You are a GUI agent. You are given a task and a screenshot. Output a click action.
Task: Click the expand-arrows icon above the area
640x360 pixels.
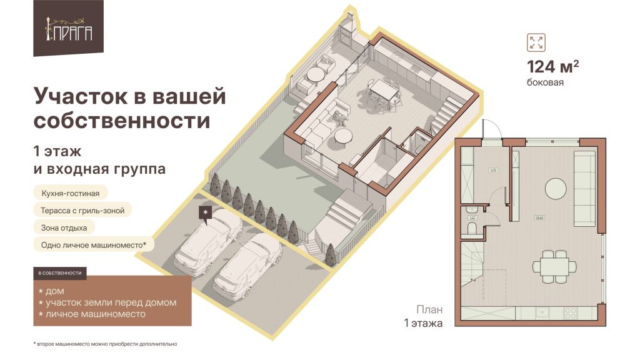coord(536,42)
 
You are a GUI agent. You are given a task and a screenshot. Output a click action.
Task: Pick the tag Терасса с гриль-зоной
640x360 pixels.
coord(82,211)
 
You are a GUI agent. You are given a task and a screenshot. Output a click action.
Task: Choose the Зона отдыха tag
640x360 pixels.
coord(64,228)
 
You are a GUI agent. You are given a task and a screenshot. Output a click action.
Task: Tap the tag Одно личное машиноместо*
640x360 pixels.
coord(93,246)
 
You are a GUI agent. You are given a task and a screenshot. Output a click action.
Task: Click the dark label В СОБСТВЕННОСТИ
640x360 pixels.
coord(61,273)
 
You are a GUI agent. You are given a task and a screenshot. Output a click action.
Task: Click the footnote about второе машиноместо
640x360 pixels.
coord(106,344)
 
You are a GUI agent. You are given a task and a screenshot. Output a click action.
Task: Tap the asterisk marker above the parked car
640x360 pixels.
coord(205,213)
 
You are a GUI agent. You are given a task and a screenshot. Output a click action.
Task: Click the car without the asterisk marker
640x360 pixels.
coord(247,266)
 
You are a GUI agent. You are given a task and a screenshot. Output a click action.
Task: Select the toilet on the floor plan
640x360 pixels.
coord(471,229)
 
